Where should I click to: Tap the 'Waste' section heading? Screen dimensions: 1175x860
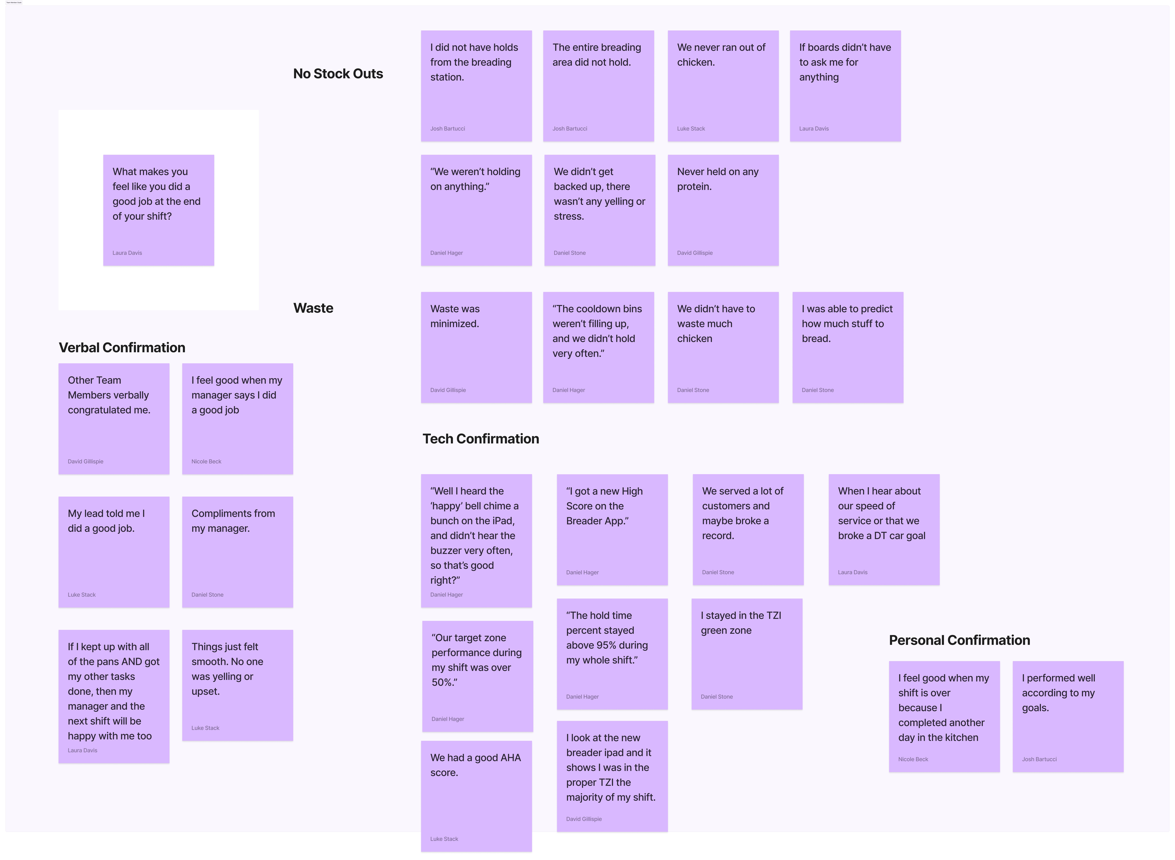click(313, 308)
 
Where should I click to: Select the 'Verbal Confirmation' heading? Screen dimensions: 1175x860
click(122, 348)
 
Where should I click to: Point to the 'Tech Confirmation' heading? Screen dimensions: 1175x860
click(480, 439)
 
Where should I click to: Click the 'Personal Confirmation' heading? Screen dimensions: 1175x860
click(959, 640)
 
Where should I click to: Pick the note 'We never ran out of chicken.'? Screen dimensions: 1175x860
click(723, 86)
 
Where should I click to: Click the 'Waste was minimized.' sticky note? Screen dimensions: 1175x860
click(476, 347)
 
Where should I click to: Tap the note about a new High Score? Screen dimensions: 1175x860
click(612, 529)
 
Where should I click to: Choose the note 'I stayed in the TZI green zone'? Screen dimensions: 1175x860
click(747, 654)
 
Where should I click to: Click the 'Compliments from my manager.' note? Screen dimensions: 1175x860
click(237, 552)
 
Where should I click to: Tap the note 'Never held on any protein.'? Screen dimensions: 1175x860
click(723, 210)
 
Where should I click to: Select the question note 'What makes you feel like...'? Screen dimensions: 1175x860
click(158, 210)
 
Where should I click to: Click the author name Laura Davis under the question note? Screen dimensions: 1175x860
click(127, 253)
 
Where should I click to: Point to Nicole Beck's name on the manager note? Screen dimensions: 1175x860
click(206, 462)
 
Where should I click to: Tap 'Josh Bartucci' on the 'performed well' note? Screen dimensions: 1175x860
click(1039, 760)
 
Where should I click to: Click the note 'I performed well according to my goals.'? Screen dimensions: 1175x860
click(1068, 716)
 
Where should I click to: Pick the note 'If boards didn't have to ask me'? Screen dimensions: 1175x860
click(845, 86)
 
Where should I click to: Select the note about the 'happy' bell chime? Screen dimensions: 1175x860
click(476, 540)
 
